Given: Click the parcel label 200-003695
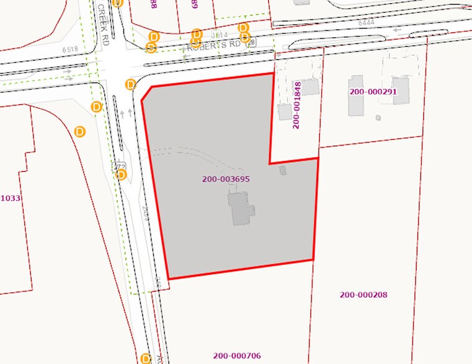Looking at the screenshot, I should click(x=226, y=179).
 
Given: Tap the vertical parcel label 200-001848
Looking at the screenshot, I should click(x=296, y=105).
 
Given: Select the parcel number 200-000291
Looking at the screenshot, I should click(x=373, y=92).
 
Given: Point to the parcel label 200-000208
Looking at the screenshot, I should click(x=363, y=295).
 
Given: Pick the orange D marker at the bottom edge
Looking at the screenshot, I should click(x=146, y=358).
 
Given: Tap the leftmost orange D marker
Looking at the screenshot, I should click(x=80, y=131).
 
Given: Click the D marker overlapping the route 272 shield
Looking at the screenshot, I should click(x=122, y=175).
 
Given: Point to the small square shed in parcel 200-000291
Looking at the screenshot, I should click(x=378, y=117).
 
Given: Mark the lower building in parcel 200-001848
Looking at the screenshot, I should click(x=285, y=111).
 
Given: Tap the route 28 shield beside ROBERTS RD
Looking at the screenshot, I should click(x=250, y=43).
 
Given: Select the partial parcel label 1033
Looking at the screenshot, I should click(x=10, y=198).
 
